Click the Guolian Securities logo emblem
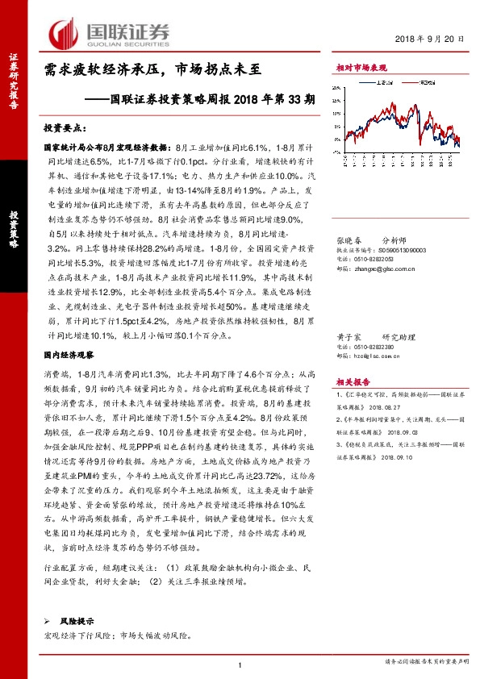point(63,32)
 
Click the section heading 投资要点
point(64,128)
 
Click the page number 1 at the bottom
point(240,664)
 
